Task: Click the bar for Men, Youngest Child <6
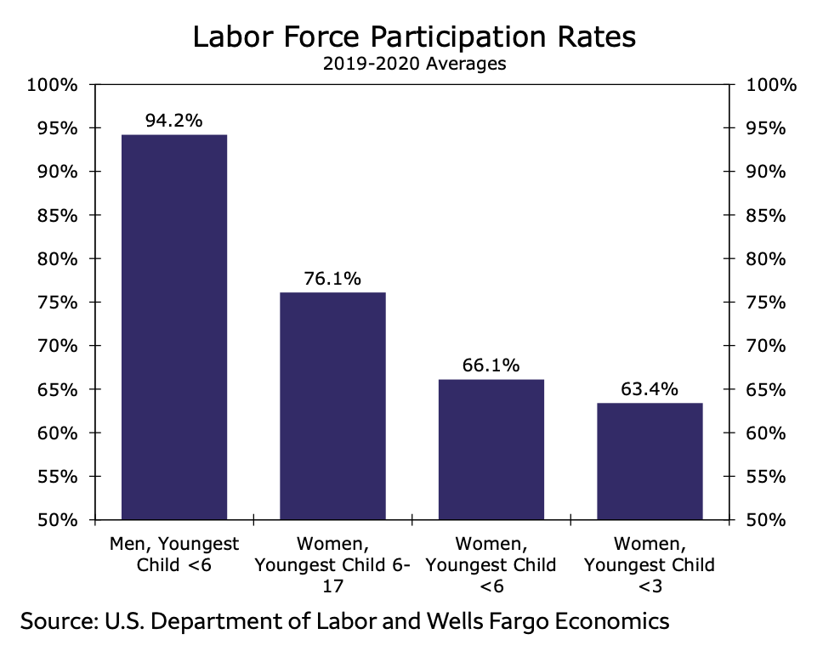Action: [x=174, y=327]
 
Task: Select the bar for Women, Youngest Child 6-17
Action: [x=332, y=405]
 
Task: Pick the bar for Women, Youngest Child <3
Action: [x=650, y=461]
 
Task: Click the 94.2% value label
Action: [x=174, y=121]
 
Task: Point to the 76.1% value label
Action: [x=332, y=278]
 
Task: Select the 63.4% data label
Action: [x=650, y=389]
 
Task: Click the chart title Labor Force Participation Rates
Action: [x=414, y=38]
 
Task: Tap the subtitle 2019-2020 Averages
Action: [x=414, y=65]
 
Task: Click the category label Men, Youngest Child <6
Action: [x=174, y=553]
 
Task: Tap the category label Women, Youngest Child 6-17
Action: [x=332, y=564]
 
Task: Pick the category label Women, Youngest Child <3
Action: [x=650, y=564]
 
